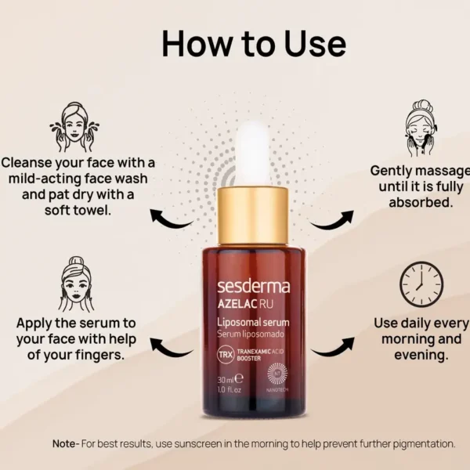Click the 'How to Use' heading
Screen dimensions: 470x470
[x=253, y=44]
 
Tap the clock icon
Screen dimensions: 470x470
[x=421, y=284]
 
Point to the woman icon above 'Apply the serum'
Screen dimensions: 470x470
[x=76, y=284]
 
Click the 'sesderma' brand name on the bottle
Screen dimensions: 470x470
[x=252, y=286]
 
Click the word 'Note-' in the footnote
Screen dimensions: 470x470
[x=66, y=443]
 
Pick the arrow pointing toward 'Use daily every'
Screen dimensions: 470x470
[x=331, y=347]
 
